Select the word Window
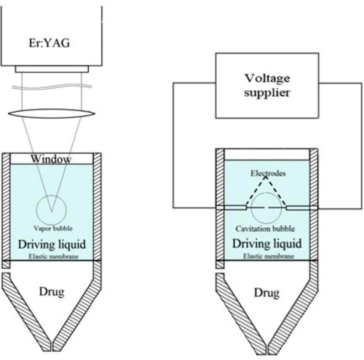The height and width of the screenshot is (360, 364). coord(51,159)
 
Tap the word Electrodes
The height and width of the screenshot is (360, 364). coord(267,173)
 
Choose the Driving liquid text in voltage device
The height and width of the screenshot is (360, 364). coord(267,244)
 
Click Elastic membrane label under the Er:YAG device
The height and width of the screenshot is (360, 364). coord(51,256)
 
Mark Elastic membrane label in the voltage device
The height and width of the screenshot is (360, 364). coord(267,256)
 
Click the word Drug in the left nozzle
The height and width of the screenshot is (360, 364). coord(51,291)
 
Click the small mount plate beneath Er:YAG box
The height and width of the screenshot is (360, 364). coord(51,69)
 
